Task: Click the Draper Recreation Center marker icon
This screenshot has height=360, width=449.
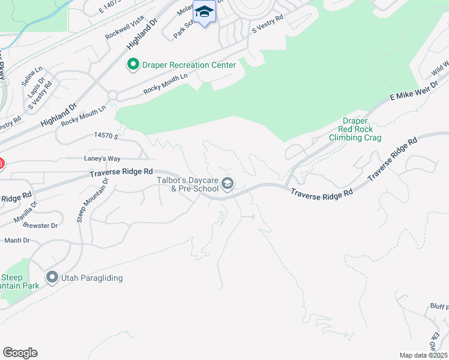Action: [132, 64]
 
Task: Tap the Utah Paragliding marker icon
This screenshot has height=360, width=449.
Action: [52, 278]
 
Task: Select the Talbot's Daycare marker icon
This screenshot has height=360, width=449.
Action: [227, 184]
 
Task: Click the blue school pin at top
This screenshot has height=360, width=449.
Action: [204, 12]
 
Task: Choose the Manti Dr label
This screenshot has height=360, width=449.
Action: [17, 241]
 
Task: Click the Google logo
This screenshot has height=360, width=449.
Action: [20, 353]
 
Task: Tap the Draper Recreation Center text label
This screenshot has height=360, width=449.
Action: [188, 64]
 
